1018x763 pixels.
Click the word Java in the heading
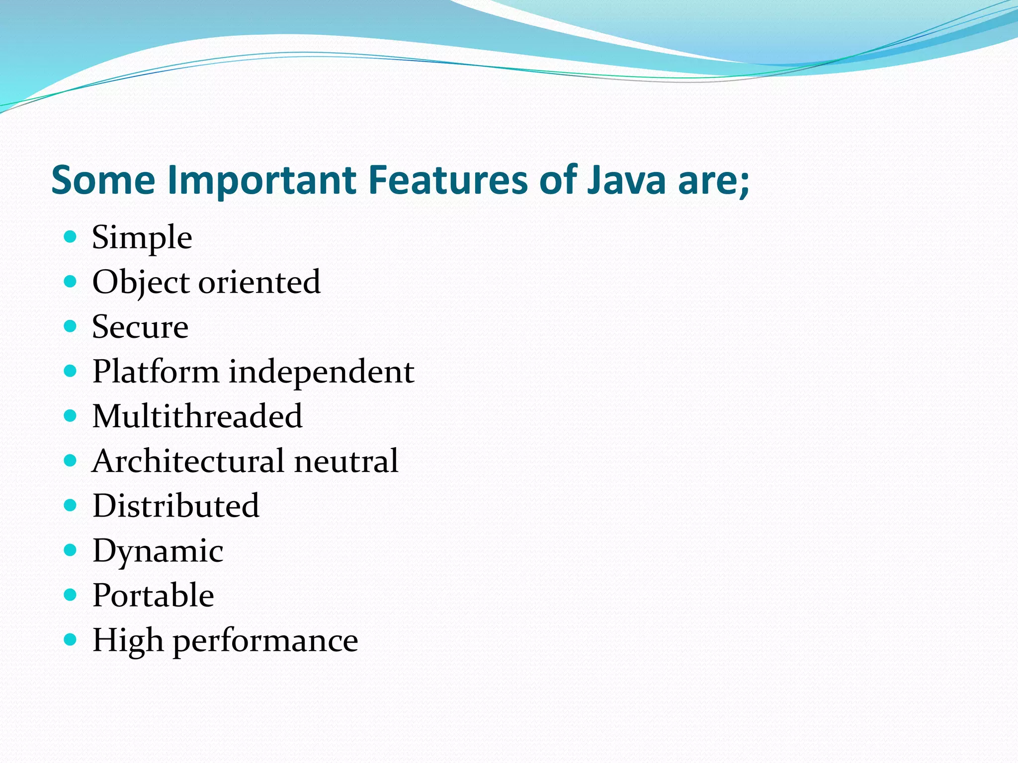pos(626,180)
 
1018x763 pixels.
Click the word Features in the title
pos(448,180)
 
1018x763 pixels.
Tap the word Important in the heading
pos(262,180)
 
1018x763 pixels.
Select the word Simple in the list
pos(142,238)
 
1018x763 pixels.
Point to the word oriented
pos(259,282)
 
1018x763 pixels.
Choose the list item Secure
pos(140,327)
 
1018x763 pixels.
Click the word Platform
pos(156,372)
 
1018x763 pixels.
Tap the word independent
pos(321,372)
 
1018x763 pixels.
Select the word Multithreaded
pos(197,416)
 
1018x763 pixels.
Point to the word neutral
pos(346,461)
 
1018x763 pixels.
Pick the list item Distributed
pos(175,506)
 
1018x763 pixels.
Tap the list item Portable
pos(153,595)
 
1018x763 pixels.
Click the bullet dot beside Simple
pos(71,236)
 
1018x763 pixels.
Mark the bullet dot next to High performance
pos(71,639)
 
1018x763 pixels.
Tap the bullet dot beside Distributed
pos(71,505)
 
